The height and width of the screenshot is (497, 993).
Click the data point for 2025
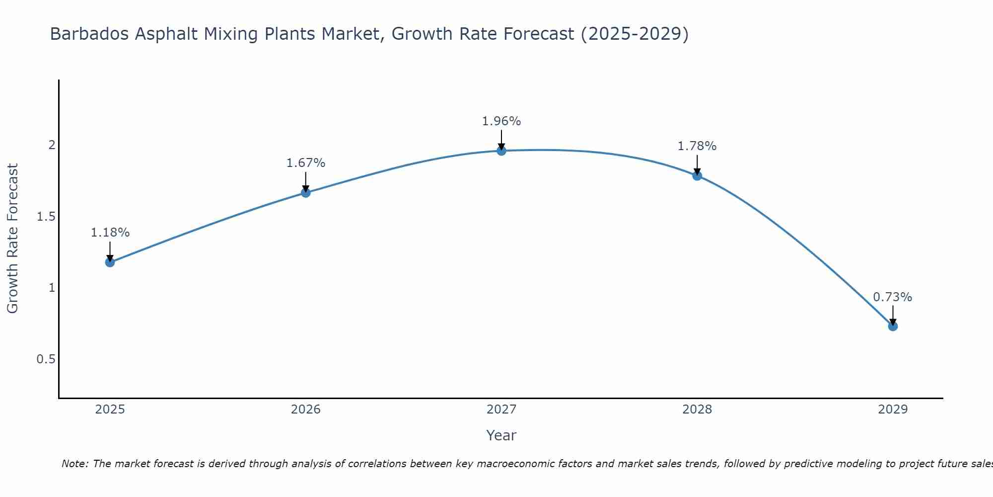(x=110, y=262)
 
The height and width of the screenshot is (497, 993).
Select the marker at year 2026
(x=306, y=192)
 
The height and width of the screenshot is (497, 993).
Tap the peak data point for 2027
(x=501, y=151)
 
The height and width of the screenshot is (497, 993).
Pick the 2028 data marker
(x=697, y=175)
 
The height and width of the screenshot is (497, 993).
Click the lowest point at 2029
(x=893, y=326)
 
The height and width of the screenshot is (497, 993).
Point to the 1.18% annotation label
(x=110, y=233)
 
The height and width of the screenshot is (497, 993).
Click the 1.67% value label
(x=306, y=163)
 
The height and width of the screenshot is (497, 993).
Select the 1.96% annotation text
(x=501, y=121)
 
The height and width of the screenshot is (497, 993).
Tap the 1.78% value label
(x=697, y=146)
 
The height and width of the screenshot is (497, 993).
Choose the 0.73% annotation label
(x=893, y=297)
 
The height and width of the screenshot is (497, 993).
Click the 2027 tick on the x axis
(x=501, y=410)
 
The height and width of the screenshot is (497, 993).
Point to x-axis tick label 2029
(x=893, y=410)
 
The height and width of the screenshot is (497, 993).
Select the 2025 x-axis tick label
(x=110, y=410)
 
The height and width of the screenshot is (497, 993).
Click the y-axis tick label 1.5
(x=46, y=217)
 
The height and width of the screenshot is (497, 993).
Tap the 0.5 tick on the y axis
(x=46, y=359)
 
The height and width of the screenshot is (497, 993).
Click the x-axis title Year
(x=501, y=435)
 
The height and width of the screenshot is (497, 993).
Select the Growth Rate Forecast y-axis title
(x=12, y=239)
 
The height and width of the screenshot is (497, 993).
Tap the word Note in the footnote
(x=74, y=464)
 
